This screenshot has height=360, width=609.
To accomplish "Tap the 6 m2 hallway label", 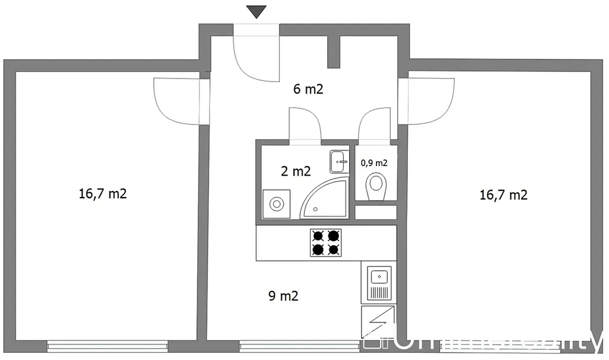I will point(308,90).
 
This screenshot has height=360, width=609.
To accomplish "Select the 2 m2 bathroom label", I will point(296,171).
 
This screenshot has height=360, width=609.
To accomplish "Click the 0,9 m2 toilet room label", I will point(374,162).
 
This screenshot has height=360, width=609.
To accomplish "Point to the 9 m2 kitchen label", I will point(284,295).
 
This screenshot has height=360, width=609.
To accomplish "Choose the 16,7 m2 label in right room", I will point(503,194).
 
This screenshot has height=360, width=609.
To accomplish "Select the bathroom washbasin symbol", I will point(339,161).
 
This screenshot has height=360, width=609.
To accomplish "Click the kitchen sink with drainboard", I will point(379,283).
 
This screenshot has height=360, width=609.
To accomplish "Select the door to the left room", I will point(175,101).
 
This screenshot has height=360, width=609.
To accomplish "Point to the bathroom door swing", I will point(305,125).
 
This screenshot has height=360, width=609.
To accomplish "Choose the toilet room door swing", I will point(374,125).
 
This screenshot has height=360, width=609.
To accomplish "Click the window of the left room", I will point(108,345).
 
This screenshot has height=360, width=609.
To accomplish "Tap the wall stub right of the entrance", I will point(333,52).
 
